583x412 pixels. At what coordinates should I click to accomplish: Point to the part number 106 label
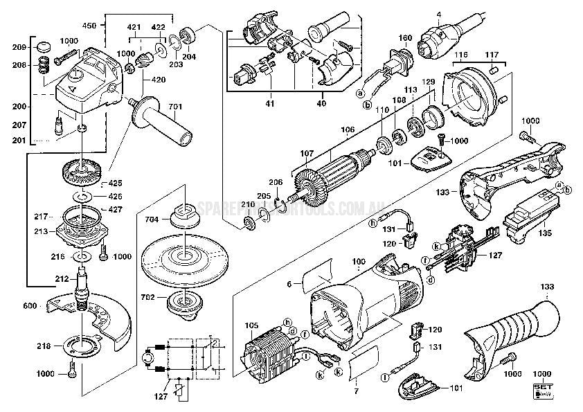348,129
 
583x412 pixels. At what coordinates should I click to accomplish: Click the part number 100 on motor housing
359,262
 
